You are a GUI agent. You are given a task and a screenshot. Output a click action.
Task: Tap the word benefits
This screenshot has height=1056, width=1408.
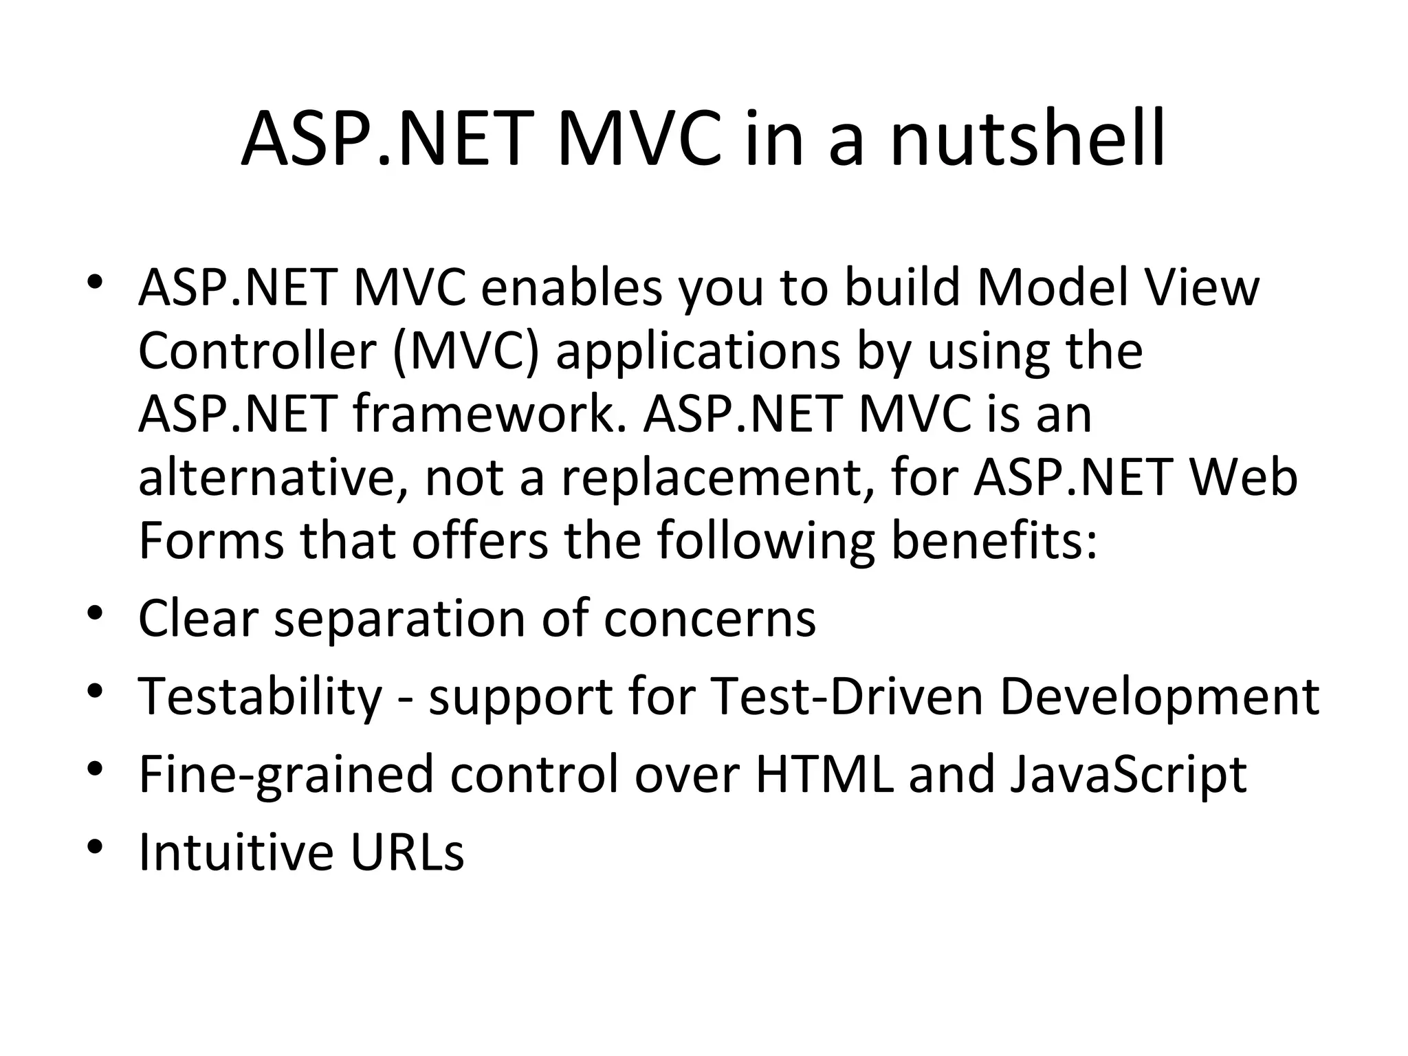coord(994,541)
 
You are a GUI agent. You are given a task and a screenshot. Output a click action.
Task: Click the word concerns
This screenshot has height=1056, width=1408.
coord(709,619)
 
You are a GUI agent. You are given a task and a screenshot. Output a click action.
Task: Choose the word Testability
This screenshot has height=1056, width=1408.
coord(261,697)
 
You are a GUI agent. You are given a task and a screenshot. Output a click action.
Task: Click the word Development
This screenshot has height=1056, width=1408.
coord(1159,697)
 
